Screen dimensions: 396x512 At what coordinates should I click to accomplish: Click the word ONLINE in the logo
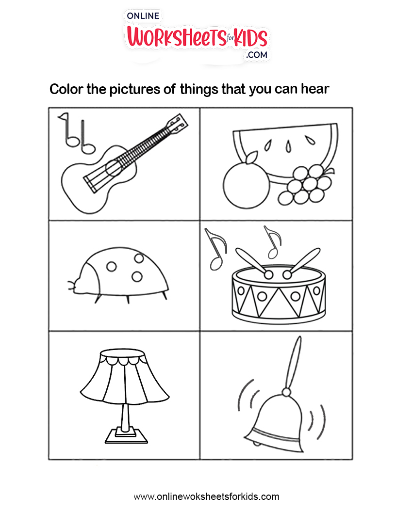coord(143,16)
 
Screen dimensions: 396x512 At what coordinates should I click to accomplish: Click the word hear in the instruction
coord(315,89)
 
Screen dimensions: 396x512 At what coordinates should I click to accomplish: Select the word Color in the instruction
coord(66,89)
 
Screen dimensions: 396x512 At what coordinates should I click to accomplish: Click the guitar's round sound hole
coord(114,168)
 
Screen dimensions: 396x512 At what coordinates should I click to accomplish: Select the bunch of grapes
coord(306,185)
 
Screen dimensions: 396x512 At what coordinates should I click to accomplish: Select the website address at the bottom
coord(207,496)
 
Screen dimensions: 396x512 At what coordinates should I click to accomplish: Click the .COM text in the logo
coord(257,55)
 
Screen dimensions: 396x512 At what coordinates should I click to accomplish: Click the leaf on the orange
coord(251,158)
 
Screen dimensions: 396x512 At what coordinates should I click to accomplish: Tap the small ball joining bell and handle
coord(286,392)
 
